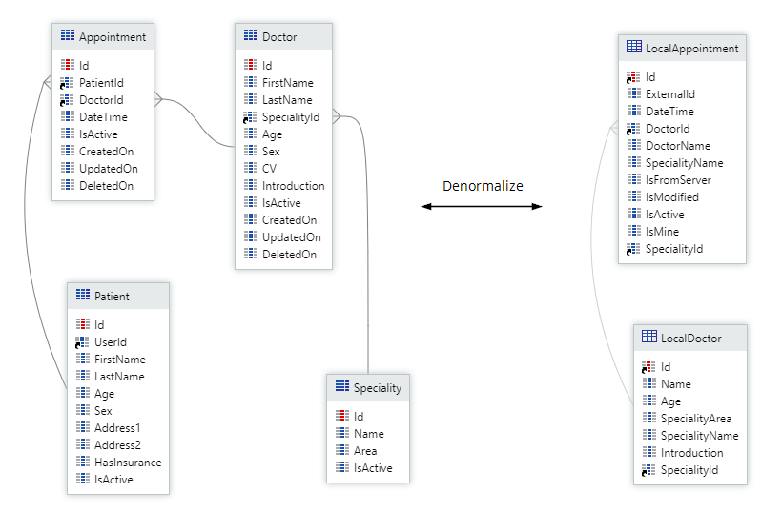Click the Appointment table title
(x=113, y=37)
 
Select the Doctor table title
(x=279, y=37)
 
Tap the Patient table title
(x=112, y=297)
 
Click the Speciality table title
(x=377, y=388)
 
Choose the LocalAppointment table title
(x=691, y=48)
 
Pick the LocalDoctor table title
(x=690, y=339)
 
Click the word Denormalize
(x=483, y=186)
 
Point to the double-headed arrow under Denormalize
(x=482, y=206)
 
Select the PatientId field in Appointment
(x=101, y=83)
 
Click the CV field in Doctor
(x=270, y=169)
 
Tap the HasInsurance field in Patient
(x=128, y=463)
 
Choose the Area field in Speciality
(x=364, y=451)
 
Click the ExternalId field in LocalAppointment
(x=669, y=94)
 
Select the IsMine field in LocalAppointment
(x=662, y=232)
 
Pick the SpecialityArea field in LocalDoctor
(x=696, y=419)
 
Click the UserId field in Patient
(x=110, y=342)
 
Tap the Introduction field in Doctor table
(x=293, y=186)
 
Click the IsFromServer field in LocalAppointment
(x=677, y=180)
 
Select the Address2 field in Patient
(x=117, y=445)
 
